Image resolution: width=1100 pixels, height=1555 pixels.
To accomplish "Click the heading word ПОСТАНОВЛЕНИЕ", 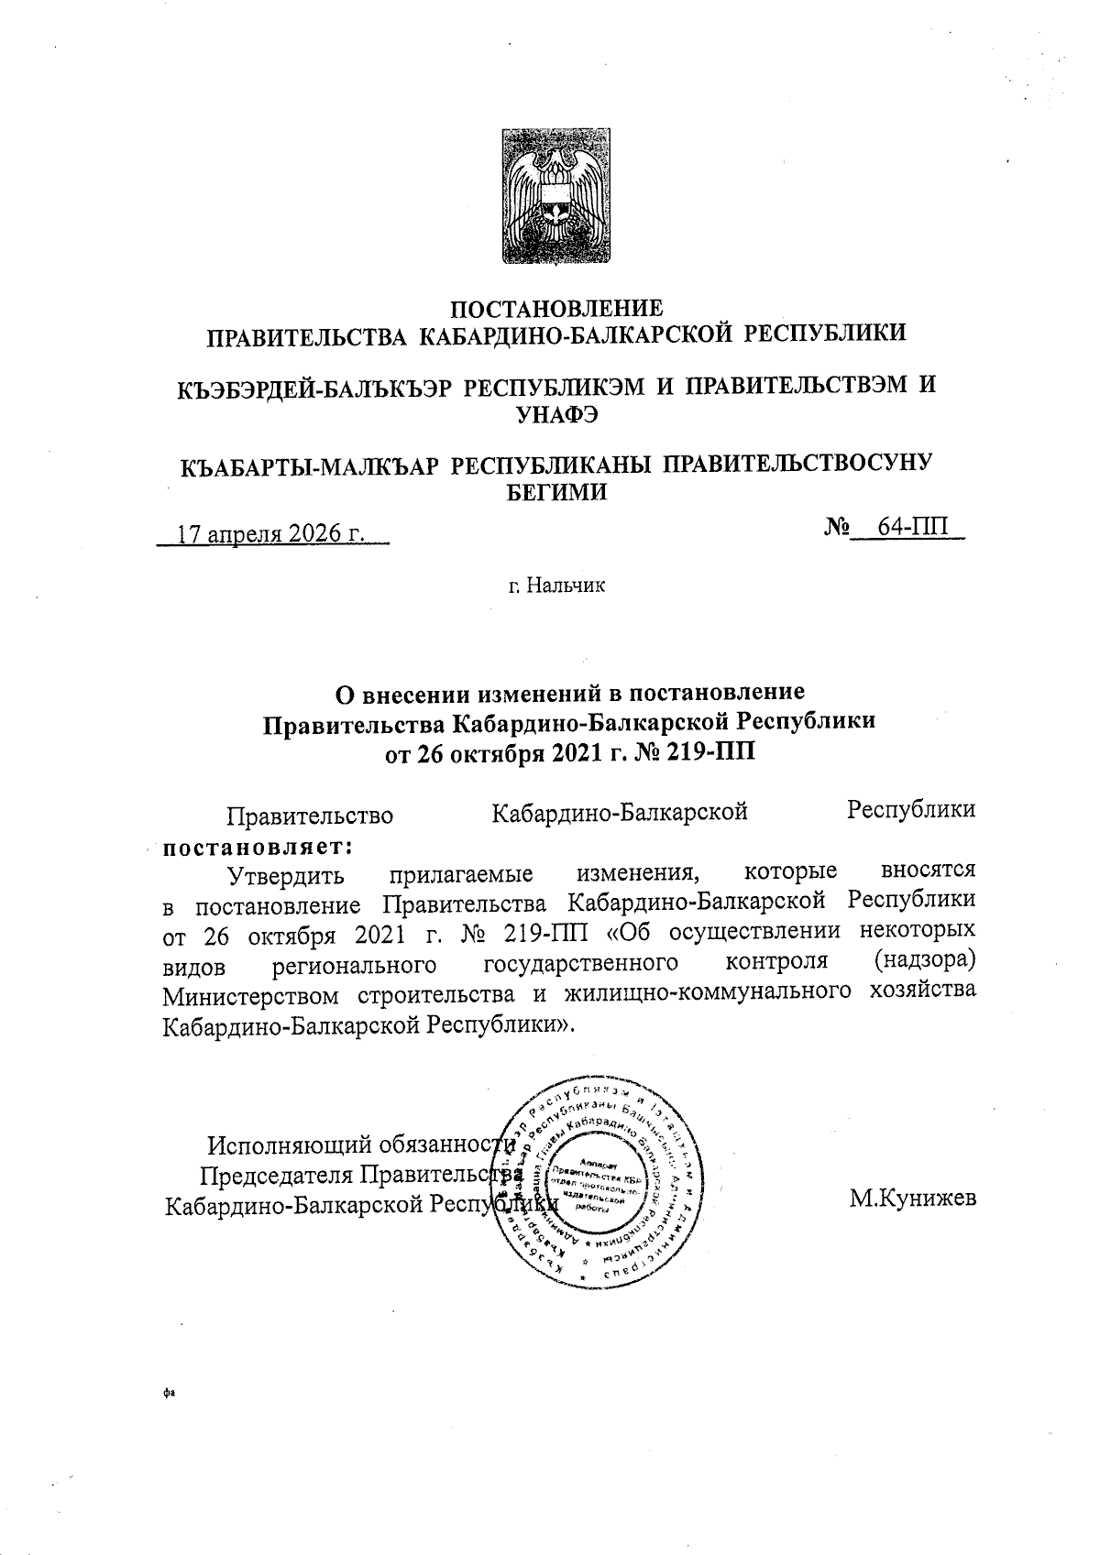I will [x=558, y=308].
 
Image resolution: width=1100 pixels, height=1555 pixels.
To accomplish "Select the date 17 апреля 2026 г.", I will [x=271, y=534].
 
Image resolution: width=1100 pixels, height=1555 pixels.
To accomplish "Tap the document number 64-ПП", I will [x=913, y=529].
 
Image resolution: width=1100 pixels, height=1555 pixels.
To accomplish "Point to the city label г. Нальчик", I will [x=557, y=585].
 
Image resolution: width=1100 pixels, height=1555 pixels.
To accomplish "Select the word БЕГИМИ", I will [x=557, y=491].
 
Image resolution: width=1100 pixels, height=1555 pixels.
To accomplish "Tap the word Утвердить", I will [x=286, y=873].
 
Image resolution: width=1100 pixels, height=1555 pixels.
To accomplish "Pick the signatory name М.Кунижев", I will [x=911, y=1199].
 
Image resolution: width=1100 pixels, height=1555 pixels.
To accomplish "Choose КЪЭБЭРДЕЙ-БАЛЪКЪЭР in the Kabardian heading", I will [x=315, y=389].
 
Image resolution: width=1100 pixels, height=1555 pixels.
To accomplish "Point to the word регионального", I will [x=353, y=964].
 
